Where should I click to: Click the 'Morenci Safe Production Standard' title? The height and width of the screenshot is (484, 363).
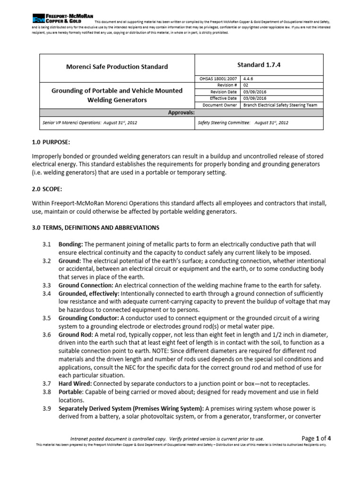pos(117,67)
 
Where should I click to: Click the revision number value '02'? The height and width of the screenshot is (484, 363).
pos(246,86)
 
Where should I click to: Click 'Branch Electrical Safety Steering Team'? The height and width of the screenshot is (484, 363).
pos(280,105)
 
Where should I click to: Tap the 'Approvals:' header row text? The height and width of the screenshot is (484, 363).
pos(181,112)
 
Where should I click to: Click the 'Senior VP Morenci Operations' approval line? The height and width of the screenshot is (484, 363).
pos(90,122)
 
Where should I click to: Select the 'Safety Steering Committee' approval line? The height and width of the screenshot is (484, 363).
pos(242,122)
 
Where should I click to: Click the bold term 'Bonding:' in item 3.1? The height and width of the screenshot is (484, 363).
pos(70,244)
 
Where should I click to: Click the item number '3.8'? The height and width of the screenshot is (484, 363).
pos(46,392)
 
